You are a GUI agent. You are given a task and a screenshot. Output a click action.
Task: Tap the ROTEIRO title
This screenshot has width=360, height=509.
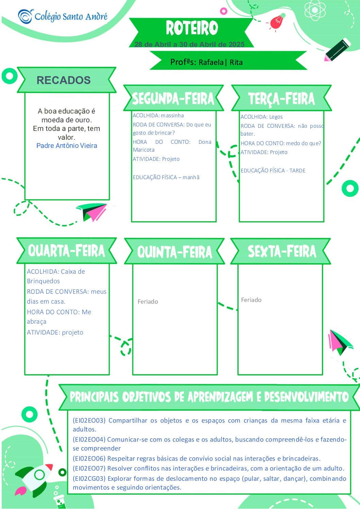(x=192, y=28)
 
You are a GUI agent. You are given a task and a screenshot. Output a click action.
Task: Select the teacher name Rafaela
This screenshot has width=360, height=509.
(x=211, y=62)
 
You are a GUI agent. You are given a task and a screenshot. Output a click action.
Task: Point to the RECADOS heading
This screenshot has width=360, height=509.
(x=64, y=80)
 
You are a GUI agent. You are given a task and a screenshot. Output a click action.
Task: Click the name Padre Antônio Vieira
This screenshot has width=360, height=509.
(x=67, y=146)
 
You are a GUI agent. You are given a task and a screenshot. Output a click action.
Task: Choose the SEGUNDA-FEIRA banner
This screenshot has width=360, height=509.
(x=174, y=98)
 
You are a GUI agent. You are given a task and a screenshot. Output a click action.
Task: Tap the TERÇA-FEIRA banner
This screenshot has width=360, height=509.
(x=281, y=98)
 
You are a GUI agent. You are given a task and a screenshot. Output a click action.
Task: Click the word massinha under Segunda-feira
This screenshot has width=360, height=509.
(x=173, y=115)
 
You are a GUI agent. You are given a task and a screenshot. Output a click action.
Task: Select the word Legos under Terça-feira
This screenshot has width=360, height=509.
(x=276, y=117)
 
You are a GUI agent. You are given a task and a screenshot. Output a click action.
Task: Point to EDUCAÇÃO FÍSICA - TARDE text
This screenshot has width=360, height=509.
(x=273, y=170)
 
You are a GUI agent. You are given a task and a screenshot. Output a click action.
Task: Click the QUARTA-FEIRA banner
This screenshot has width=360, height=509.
(x=66, y=251)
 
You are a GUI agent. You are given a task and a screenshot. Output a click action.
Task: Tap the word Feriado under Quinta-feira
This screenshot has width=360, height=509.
(x=148, y=302)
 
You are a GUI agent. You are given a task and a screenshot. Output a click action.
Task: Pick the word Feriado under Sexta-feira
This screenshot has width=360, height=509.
(x=251, y=300)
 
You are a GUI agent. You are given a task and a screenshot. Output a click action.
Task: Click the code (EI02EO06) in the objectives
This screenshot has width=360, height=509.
(x=89, y=459)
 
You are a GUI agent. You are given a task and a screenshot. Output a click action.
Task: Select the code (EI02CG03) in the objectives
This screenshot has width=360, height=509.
(x=89, y=478)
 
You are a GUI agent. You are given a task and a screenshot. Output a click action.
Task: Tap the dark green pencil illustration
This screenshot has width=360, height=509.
(x=338, y=50)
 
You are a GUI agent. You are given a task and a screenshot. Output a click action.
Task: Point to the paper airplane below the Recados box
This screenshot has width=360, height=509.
(x=92, y=212)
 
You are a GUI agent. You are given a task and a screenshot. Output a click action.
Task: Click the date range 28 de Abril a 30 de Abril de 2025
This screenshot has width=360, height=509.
(x=189, y=44)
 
